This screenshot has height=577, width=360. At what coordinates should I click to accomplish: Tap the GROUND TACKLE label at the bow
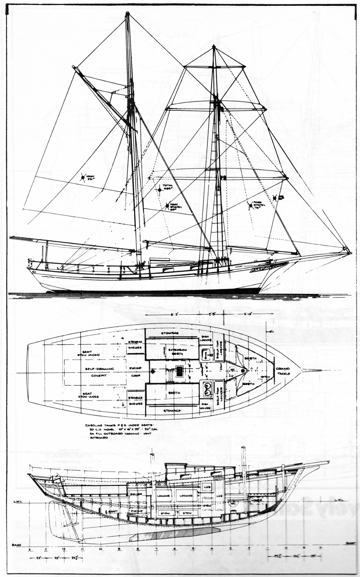pyautogui.click(x=283, y=371)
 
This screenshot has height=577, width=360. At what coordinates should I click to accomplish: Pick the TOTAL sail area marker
pyautogui.click(x=159, y=188)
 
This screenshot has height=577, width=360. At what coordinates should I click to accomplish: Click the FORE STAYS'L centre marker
pyautogui.click(x=251, y=206)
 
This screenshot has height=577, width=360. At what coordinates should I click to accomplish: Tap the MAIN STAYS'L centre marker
pyautogui.click(x=167, y=206)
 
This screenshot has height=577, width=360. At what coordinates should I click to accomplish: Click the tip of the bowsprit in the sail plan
pyautogui.click(x=349, y=253)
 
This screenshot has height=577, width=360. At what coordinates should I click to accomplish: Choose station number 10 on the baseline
pyautogui.click(x=101, y=549)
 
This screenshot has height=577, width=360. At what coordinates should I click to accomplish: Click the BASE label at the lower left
pyautogui.click(x=16, y=545)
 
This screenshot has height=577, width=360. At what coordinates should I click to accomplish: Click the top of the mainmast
pyautogui.click(x=127, y=14)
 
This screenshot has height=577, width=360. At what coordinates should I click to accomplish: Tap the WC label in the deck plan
pyautogui.click(x=232, y=370)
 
